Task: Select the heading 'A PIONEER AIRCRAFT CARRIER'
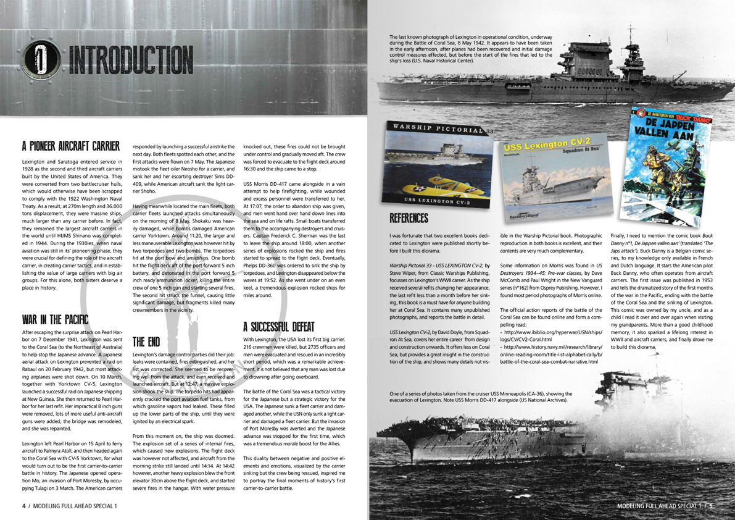pos(70,146)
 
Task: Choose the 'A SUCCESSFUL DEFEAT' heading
pos(280,327)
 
